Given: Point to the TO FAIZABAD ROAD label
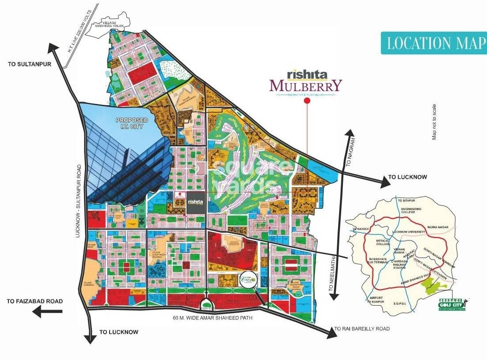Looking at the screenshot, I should pyautogui.click(x=35, y=301).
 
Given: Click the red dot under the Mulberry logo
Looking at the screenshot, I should pyautogui.click(x=307, y=101).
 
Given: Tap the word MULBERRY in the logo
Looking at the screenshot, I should pyautogui.click(x=306, y=85).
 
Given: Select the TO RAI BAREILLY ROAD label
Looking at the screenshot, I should pyautogui.click(x=362, y=329).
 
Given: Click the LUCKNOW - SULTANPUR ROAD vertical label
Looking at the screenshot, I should pyautogui.click(x=79, y=201).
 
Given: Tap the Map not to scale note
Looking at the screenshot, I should pyautogui.click(x=434, y=122).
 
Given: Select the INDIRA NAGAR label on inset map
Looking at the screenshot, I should pyautogui.click(x=438, y=227).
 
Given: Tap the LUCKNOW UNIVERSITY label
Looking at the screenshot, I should pyautogui.click(x=408, y=232).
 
